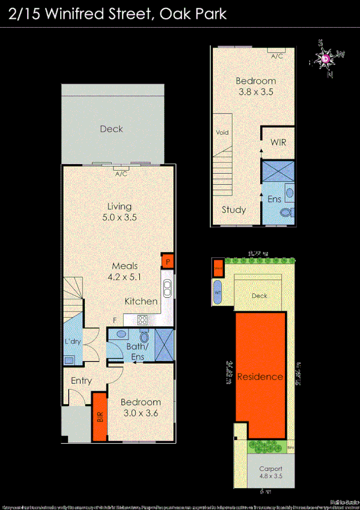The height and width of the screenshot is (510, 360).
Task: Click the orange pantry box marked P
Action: tap(166, 262)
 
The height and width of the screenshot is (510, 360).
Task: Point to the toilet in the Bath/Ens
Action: tap(144, 338)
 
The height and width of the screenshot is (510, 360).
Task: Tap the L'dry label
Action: tap(73, 342)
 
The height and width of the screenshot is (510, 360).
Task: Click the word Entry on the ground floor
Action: tap(81, 381)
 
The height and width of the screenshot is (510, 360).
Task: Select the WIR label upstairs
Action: tap(278, 143)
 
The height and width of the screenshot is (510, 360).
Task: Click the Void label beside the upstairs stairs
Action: tap(222, 132)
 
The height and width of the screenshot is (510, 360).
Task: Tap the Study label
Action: tap(233, 210)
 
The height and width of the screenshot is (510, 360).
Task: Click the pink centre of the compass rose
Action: tap(326, 59)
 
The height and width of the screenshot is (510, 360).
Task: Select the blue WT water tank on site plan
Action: tap(218, 292)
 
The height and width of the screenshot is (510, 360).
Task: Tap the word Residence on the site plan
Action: tap(260, 377)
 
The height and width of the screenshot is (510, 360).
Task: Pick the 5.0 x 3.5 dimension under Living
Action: tap(118, 218)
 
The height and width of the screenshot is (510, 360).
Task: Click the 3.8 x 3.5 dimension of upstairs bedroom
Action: tap(255, 92)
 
